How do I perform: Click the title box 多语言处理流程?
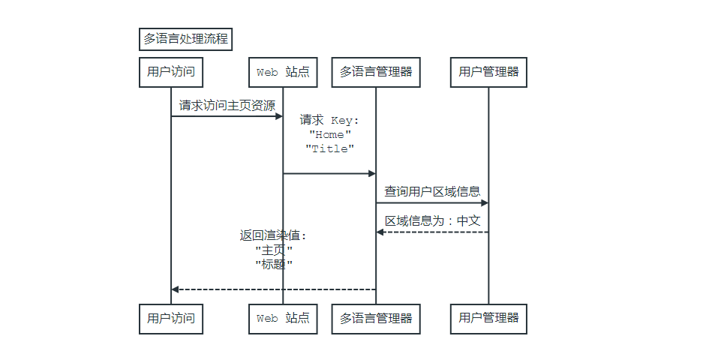pyautogui.click(x=185, y=39)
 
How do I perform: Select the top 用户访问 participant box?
pyautogui.click(x=171, y=72)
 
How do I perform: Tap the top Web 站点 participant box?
pyautogui.click(x=283, y=72)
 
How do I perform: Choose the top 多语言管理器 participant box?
pyautogui.click(x=376, y=72)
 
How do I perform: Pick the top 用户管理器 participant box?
pyautogui.click(x=488, y=72)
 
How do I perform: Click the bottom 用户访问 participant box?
pyautogui.click(x=171, y=318)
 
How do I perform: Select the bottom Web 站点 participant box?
pyautogui.click(x=283, y=318)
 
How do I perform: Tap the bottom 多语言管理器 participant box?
pyautogui.click(x=376, y=318)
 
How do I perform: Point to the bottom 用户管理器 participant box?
pyautogui.click(x=488, y=318)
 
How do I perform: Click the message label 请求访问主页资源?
pyautogui.click(x=227, y=105)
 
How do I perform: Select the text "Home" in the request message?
pyautogui.click(x=330, y=134)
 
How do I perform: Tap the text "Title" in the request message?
pyautogui.click(x=330, y=148)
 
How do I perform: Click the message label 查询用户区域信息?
pyautogui.click(x=432, y=191)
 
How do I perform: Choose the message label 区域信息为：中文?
pyautogui.click(x=432, y=220)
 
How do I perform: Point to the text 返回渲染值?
pyautogui.click(x=274, y=235)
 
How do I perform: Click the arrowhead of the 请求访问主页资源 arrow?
pyautogui.click(x=278, y=116)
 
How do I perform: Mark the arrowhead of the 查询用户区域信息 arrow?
pyautogui.click(x=484, y=202)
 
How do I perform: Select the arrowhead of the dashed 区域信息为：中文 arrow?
pyautogui.click(x=380, y=232)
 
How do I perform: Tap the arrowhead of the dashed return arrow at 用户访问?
pyautogui.click(x=176, y=289)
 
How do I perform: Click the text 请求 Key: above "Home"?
pyautogui.click(x=330, y=120)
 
